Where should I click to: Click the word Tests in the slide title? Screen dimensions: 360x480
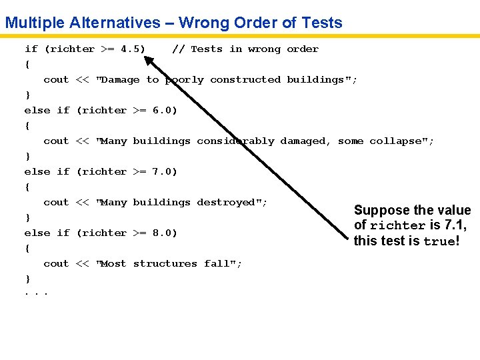pyautogui.click(x=321, y=23)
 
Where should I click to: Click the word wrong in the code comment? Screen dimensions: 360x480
pyautogui.click(x=264, y=49)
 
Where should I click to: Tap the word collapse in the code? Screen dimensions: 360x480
pyautogui.click(x=401, y=141)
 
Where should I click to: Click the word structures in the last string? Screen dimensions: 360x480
pyautogui.click(x=165, y=263)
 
